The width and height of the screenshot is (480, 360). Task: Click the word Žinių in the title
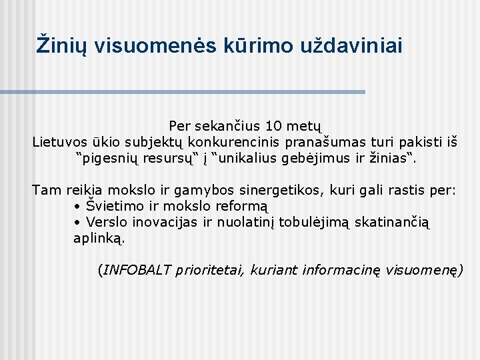pos(62,45)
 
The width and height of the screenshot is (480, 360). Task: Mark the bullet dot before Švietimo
pos(77,207)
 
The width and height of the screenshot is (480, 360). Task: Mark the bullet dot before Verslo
pos(77,223)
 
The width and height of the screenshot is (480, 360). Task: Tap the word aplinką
pos(99,239)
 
